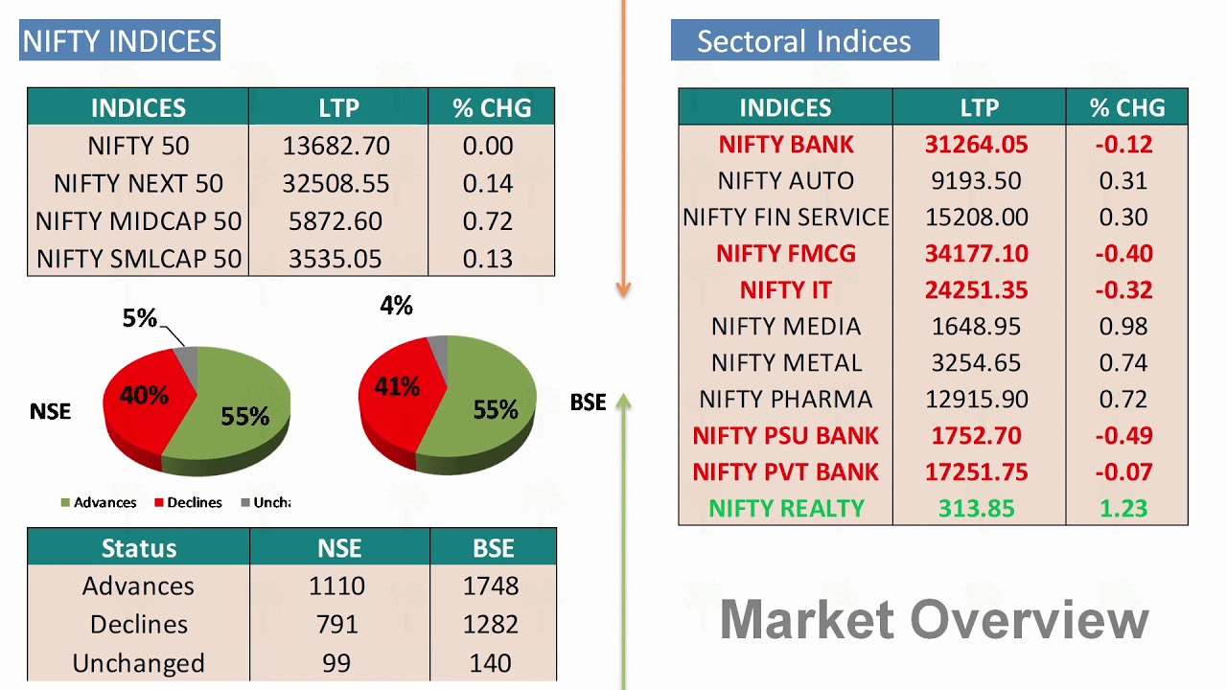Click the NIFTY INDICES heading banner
click(120, 41)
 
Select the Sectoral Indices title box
click(804, 41)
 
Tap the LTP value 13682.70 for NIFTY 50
click(336, 146)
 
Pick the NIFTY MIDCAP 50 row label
click(138, 221)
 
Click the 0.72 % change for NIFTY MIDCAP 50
click(488, 221)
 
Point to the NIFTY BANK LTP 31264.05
click(976, 145)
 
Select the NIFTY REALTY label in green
click(786, 509)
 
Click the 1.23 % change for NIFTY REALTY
click(1123, 509)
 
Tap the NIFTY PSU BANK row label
click(786, 436)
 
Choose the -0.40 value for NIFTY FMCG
click(1123, 254)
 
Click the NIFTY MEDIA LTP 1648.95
click(976, 327)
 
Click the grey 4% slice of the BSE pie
click(437, 346)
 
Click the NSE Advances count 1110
click(337, 586)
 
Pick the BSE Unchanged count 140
click(491, 663)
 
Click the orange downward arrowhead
click(623, 287)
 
